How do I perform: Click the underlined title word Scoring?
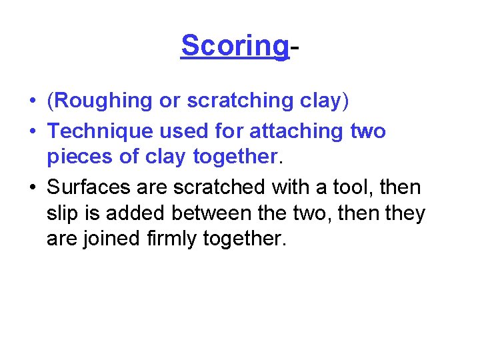coord(235,47)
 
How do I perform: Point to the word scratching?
coord(238,101)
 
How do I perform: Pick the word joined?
coord(111,239)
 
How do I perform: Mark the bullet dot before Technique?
coord(32,132)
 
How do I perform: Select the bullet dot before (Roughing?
coord(32,101)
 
